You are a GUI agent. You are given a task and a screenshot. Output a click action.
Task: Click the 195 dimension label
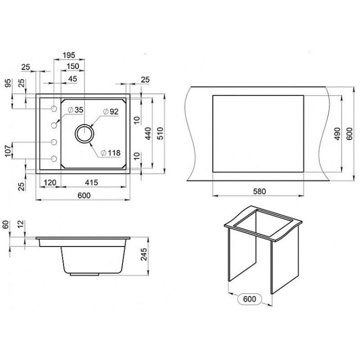[69, 55]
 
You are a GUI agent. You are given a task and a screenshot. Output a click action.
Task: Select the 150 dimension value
[73, 66]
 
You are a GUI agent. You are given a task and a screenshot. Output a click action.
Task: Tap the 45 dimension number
[73, 79]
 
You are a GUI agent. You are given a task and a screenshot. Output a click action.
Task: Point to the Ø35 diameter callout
[76, 109]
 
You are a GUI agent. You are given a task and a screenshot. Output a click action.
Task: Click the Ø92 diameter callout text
[111, 111]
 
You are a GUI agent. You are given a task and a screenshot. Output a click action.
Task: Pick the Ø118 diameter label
[110, 152]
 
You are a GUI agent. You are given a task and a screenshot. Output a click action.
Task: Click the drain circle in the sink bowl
[84, 133]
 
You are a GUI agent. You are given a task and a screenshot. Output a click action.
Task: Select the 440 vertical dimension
[148, 133]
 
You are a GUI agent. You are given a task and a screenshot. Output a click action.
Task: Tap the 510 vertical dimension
[160, 133]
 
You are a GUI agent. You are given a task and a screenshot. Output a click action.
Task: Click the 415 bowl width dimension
[91, 182]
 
